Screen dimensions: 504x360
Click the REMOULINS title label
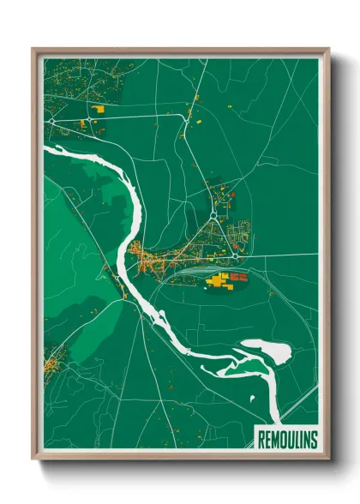click(x=287, y=440)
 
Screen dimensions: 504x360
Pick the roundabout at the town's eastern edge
click(x=235, y=255)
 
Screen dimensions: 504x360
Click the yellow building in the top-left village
click(x=97, y=111)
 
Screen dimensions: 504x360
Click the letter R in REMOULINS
click(x=261, y=440)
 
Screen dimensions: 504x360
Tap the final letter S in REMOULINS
click(x=313, y=440)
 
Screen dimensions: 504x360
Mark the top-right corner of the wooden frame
click(x=328, y=50)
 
